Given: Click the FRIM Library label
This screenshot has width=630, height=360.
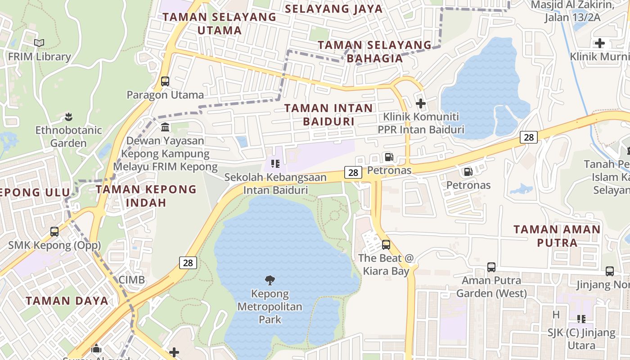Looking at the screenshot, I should click(x=40, y=57).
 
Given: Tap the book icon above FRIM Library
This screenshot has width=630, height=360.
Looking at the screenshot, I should click(x=39, y=43).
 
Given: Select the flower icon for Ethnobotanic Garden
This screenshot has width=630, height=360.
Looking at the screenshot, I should click(x=68, y=117).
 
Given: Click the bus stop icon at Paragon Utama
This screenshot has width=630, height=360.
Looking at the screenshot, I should click(x=165, y=81).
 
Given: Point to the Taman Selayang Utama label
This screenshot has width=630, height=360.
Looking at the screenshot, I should click(x=219, y=23).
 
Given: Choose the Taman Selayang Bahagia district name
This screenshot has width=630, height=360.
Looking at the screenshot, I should click(x=375, y=51).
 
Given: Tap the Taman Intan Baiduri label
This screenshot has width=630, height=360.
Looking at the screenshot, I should click(x=328, y=114).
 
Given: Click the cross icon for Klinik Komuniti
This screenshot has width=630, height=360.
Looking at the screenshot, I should click(x=421, y=104).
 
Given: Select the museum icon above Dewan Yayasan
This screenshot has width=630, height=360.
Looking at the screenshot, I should click(x=165, y=127).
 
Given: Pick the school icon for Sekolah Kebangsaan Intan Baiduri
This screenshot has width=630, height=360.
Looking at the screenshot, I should click(x=275, y=164).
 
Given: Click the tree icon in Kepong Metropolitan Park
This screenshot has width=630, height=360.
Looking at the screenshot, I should click(x=270, y=280).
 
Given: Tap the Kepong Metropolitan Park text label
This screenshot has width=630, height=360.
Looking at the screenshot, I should click(x=270, y=307).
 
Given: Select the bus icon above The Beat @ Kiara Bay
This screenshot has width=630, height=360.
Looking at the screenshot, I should click(x=386, y=245).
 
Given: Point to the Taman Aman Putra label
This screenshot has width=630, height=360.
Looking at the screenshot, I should click(x=557, y=236).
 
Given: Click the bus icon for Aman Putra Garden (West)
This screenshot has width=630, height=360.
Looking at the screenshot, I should click(x=491, y=267).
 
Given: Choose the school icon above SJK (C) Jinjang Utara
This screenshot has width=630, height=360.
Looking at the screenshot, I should click(x=581, y=319).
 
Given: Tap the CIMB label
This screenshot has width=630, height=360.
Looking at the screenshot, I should click(x=132, y=280).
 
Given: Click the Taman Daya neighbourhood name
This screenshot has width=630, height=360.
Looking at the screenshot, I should click(x=67, y=301).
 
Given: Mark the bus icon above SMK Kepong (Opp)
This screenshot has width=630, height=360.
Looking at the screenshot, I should click(x=54, y=232).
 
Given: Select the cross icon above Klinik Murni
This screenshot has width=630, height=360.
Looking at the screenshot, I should click(x=600, y=43).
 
